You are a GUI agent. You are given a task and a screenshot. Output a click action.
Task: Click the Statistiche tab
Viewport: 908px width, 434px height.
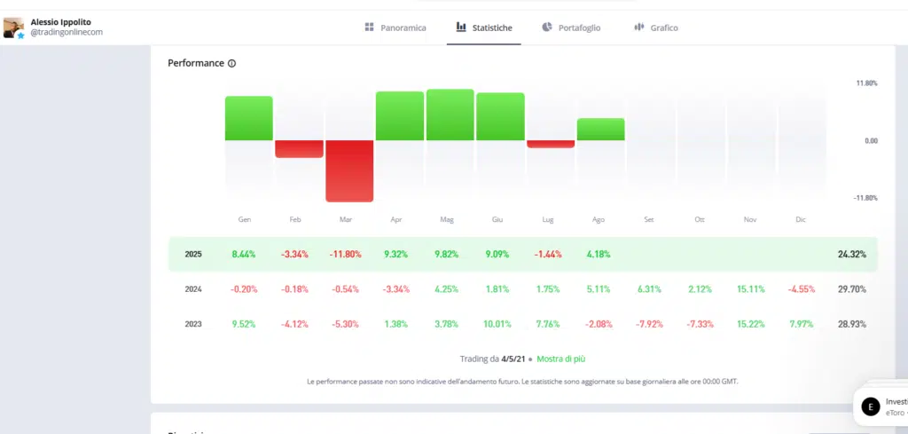(484, 28)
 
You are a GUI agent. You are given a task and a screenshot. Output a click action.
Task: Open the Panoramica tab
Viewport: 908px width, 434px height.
(395, 28)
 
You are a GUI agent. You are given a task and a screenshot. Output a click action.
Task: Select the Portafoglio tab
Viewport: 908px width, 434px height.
(571, 28)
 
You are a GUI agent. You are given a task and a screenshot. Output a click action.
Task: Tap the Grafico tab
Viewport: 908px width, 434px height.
(656, 28)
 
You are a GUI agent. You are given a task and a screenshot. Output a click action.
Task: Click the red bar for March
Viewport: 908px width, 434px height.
(349, 170)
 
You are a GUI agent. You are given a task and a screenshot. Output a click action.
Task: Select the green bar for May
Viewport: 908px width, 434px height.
(450, 114)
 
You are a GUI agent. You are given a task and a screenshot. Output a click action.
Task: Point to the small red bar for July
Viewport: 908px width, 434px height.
(551, 144)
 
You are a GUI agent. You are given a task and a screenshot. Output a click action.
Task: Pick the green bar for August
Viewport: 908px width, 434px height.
(600, 130)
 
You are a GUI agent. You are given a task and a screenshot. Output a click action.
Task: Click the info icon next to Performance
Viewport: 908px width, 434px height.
(232, 64)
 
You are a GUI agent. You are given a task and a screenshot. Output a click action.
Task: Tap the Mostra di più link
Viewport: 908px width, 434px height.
(560, 359)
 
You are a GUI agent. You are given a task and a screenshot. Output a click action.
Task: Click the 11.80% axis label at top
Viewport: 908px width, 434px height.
(865, 83)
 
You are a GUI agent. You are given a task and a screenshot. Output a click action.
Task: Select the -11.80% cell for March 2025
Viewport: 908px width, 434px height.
(345, 254)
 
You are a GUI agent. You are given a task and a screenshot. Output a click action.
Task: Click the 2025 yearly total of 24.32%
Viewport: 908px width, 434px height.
(851, 254)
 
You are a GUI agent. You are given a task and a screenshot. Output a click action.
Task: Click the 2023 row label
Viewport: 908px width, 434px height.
(193, 324)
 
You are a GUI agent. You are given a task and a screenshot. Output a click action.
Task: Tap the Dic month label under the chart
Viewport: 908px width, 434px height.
(801, 219)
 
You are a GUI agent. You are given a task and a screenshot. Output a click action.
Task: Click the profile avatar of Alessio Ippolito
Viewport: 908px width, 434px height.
(13, 28)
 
